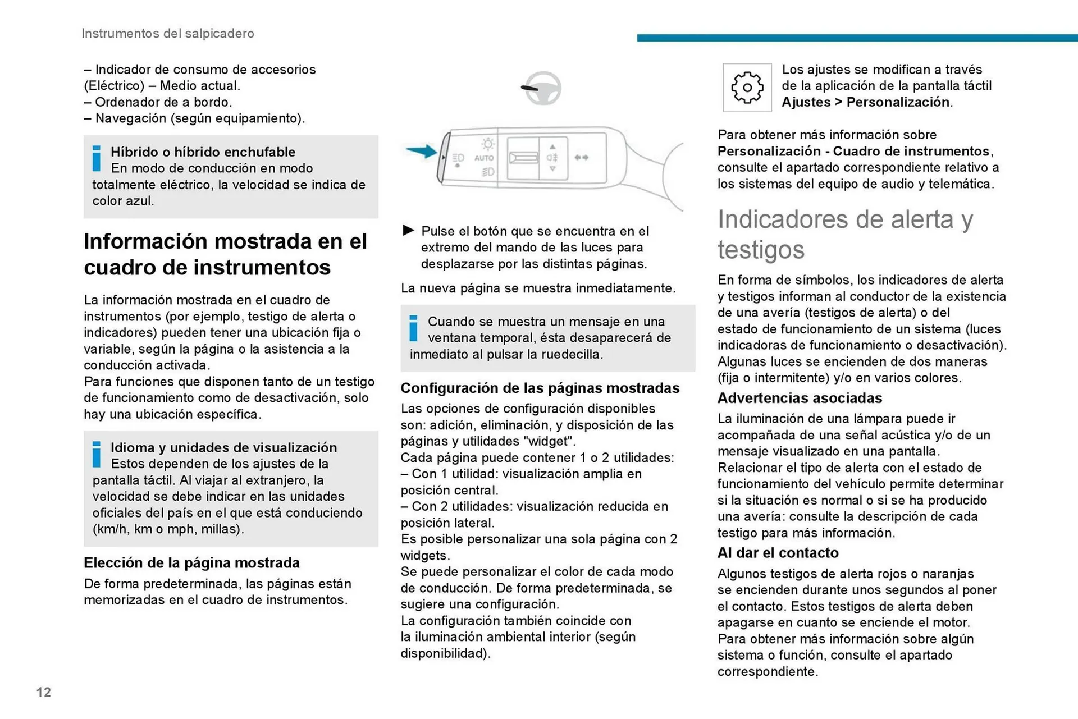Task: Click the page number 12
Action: pos(43,692)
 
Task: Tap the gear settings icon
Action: pos(747,88)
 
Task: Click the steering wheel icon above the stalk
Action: pos(543,88)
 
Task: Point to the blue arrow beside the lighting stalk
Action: pos(421,150)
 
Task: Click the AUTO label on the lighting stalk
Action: pos(483,158)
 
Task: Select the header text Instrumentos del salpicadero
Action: pos(167,34)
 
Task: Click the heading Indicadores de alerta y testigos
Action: pos(844,234)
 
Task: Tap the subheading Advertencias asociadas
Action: pos(800,398)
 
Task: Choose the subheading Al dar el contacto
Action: pos(778,553)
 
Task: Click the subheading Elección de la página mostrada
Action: pos(191,563)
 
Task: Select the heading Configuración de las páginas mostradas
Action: pos(540,388)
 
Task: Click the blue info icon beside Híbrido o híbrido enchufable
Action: pos(97,158)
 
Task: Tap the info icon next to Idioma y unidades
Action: pos(97,454)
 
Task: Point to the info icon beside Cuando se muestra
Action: pos(414,328)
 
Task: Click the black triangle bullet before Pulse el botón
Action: pos(408,231)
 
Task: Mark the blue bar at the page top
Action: pos(857,38)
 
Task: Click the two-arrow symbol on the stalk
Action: pos(581,158)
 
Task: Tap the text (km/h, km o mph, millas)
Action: pos(168,529)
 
